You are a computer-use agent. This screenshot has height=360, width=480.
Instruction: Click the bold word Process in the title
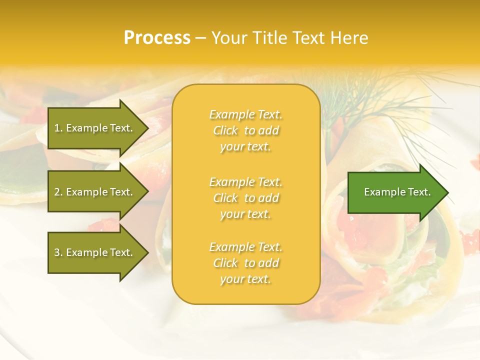pyautogui.click(x=157, y=38)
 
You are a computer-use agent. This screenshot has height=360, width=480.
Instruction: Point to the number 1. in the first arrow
pyautogui.click(x=58, y=128)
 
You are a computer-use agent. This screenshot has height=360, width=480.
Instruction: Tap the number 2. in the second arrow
pyautogui.click(x=58, y=192)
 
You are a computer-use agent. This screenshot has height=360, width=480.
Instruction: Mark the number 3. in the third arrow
pyautogui.click(x=58, y=252)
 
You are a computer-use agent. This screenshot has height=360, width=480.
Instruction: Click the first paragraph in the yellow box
pyautogui.click(x=246, y=130)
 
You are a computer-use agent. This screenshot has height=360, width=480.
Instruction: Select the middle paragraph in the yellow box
pyautogui.click(x=246, y=198)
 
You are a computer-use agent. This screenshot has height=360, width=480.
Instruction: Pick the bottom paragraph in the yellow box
pyautogui.click(x=246, y=263)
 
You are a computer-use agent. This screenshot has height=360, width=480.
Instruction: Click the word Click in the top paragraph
pyautogui.click(x=225, y=130)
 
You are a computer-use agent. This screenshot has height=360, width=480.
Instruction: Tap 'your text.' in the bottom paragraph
pyautogui.click(x=245, y=279)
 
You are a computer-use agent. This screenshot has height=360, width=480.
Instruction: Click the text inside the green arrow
pyautogui.click(x=397, y=192)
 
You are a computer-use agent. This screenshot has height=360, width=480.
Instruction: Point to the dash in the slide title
pyautogui.click(x=201, y=38)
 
